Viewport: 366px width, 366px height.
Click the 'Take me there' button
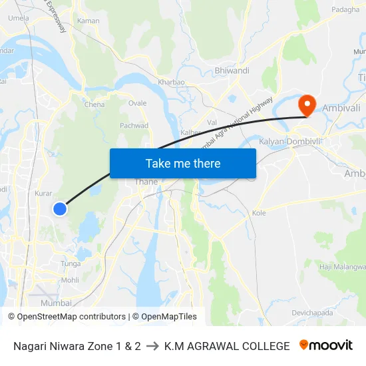coord(183,163)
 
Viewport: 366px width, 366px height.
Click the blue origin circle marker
coord(60,208)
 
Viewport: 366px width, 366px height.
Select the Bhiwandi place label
coord(232,71)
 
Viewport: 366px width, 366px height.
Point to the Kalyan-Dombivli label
coord(289,142)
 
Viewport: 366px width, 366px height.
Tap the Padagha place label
coord(345,9)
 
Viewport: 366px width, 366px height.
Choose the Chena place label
coord(94,104)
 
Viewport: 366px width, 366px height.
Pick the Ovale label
coord(137,103)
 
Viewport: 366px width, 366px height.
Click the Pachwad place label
coord(134,125)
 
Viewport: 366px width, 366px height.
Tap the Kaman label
coord(89,21)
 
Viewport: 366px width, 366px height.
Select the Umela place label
coord(19,18)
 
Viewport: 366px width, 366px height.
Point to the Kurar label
coord(43,194)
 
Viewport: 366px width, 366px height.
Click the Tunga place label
coord(71,264)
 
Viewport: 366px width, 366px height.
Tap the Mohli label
coord(70,280)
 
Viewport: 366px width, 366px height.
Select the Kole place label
coord(259,213)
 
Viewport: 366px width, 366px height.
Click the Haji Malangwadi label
coord(343,267)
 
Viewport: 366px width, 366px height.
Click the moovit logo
coord(325,345)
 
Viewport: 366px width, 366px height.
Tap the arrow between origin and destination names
coord(152,346)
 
